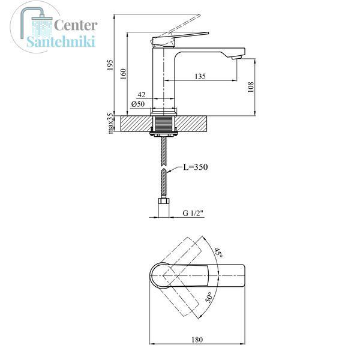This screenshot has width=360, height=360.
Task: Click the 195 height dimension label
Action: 110,65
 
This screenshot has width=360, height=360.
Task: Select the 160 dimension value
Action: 123,74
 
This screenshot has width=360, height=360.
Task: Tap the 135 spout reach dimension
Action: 200,76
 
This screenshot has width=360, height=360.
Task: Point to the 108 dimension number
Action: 251,87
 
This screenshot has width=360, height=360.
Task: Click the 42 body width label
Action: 142,95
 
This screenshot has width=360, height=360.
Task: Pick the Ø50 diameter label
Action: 138,104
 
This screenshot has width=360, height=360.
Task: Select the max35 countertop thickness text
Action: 110,123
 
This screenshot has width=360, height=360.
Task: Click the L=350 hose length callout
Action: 196,167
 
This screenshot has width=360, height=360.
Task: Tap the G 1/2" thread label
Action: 193,213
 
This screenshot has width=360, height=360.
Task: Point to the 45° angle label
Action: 218,253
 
